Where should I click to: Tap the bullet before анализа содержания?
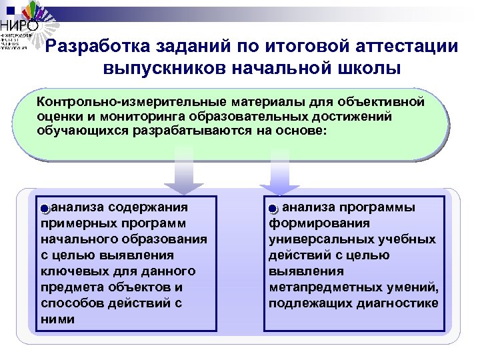click(44, 209)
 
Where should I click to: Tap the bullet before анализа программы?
click(273, 209)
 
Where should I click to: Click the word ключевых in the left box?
click(71, 271)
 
